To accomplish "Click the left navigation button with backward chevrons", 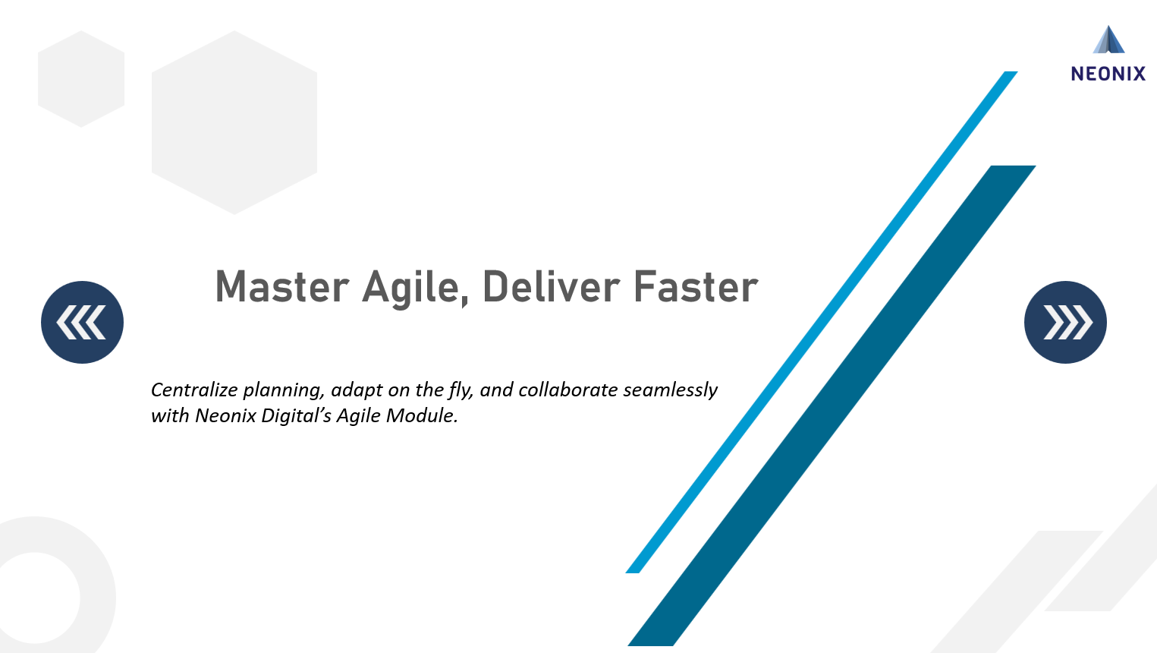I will (x=82, y=323).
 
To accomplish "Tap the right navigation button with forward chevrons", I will (x=1065, y=323).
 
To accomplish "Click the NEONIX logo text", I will (x=1108, y=74).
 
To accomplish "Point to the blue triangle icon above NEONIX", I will (x=1108, y=40).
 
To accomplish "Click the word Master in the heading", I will (x=281, y=287).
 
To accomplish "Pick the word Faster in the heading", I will (x=695, y=287).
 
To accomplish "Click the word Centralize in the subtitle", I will (x=194, y=390).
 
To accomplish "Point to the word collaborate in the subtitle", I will (x=567, y=390).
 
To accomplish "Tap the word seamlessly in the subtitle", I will (x=670, y=390).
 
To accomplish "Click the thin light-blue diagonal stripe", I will (x=819, y=323).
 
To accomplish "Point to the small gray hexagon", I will (x=81, y=79).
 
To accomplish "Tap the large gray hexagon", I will (x=234, y=122).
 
